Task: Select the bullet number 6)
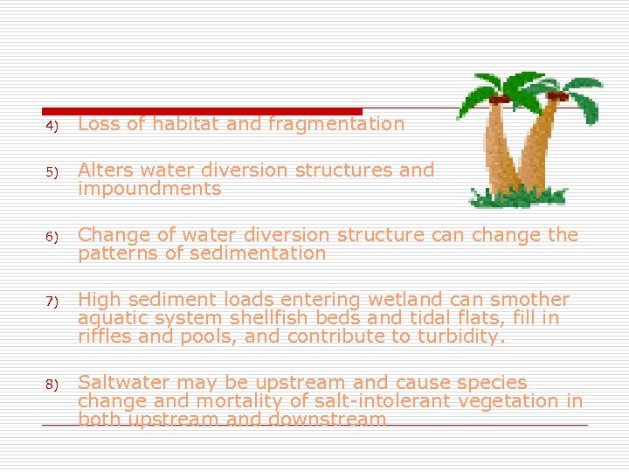pos(52,237)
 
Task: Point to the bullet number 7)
pos(52,302)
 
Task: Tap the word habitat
pos(185,124)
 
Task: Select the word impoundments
pos(149,189)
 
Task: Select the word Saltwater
pos(122,383)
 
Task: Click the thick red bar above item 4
pos(202,111)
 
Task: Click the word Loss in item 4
pos(98,124)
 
